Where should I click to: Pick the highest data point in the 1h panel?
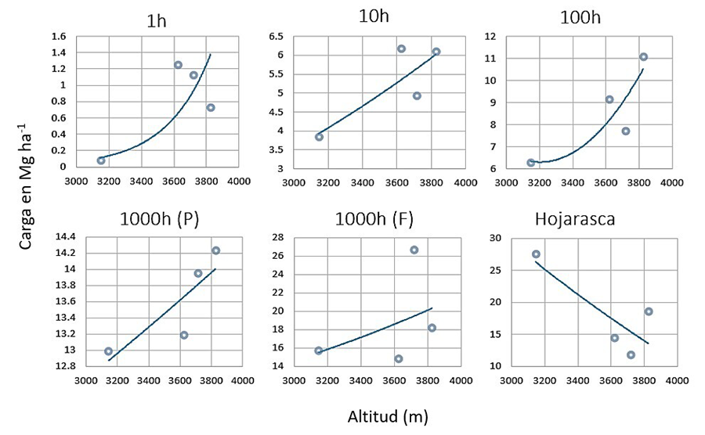tap(178, 65)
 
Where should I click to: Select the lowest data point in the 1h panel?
tap(101, 160)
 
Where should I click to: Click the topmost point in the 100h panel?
tap(643, 56)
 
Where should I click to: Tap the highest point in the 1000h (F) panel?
tap(414, 250)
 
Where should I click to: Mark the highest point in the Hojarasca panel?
tap(536, 253)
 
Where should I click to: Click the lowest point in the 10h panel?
tap(319, 137)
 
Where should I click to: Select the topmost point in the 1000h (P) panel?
tap(215, 250)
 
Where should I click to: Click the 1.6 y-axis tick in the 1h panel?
tap(60, 37)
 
